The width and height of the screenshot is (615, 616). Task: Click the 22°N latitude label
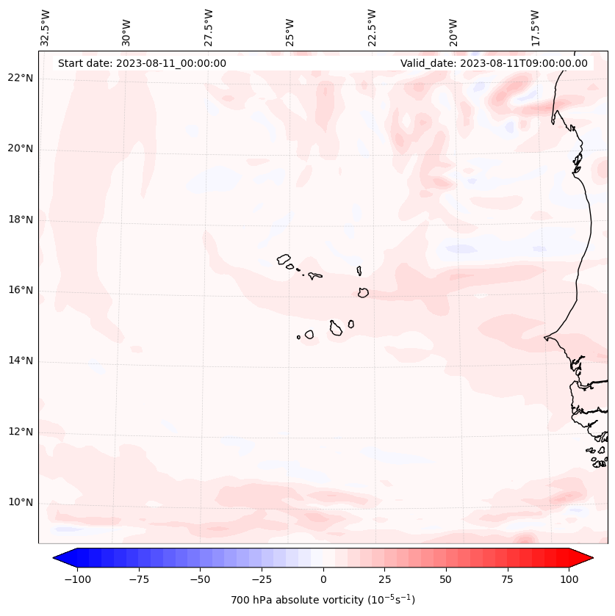21,79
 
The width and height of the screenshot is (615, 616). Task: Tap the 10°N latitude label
21,502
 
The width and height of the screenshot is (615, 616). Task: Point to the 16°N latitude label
21,290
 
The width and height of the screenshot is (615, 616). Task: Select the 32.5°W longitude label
46,27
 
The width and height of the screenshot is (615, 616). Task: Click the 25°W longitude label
291,27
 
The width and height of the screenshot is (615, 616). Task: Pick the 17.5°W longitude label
536,27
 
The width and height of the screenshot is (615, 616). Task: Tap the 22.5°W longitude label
373,27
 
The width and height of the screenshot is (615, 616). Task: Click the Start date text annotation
142,63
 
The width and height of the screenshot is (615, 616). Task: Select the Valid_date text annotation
494,63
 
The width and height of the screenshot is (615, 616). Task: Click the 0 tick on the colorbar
323,579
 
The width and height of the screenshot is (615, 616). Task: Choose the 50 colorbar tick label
446,579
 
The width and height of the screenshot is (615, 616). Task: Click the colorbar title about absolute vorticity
323,600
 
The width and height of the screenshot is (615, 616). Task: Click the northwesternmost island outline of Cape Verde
284,258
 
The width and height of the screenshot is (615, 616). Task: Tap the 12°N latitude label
21,432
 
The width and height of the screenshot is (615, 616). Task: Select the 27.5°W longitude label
209,27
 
